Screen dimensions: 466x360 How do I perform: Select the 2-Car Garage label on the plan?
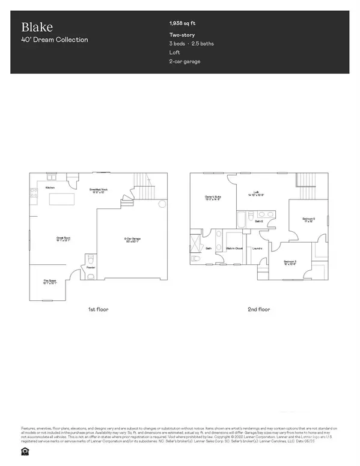pos(129,240)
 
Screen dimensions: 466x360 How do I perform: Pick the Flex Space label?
pos(49,282)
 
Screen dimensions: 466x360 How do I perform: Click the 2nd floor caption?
pos(260,310)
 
